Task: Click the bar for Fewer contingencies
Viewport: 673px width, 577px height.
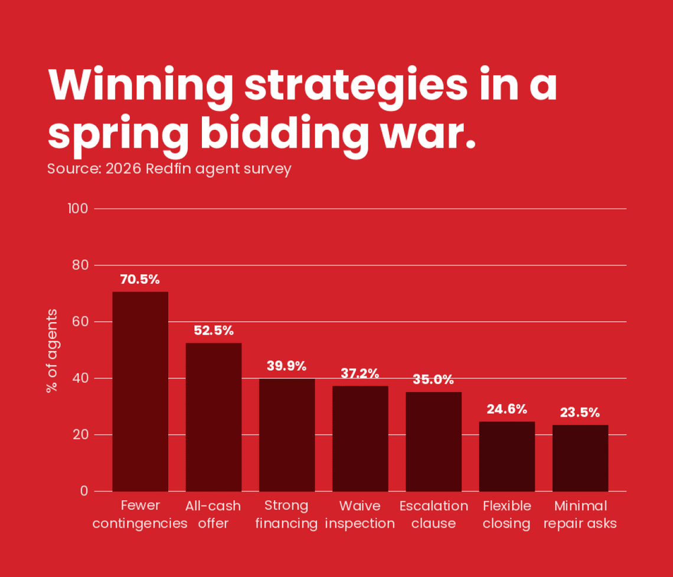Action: [x=140, y=391]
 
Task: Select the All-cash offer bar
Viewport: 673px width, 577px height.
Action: [x=213, y=417]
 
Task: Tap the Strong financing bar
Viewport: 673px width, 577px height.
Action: [x=287, y=435]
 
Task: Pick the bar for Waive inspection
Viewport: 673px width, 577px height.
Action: [x=360, y=438]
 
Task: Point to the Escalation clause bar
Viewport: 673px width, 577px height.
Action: [x=433, y=441]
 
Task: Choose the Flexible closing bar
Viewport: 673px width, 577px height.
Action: [x=507, y=456]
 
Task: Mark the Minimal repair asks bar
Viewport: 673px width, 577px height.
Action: [x=580, y=458]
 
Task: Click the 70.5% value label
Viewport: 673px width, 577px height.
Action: [x=140, y=279]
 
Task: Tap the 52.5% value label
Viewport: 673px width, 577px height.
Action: [x=213, y=331]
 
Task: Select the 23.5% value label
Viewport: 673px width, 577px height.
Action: [x=580, y=412]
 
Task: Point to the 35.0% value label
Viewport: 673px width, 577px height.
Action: [x=433, y=380]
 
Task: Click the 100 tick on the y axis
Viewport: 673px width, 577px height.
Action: [x=78, y=208]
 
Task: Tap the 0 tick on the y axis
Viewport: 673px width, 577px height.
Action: [x=84, y=491]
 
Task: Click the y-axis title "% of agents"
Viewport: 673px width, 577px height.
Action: [x=52, y=350]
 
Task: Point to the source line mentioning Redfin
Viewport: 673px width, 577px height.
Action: [x=169, y=169]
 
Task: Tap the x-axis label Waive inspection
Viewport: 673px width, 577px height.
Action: [x=360, y=514]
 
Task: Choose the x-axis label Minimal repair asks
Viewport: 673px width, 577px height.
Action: [x=580, y=514]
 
